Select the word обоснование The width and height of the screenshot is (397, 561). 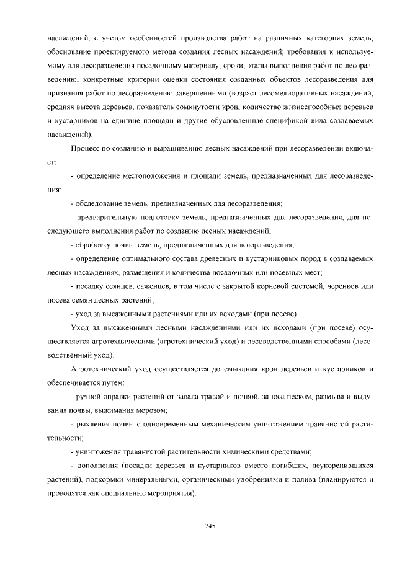click(x=69, y=53)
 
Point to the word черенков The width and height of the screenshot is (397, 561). click(x=340, y=286)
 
